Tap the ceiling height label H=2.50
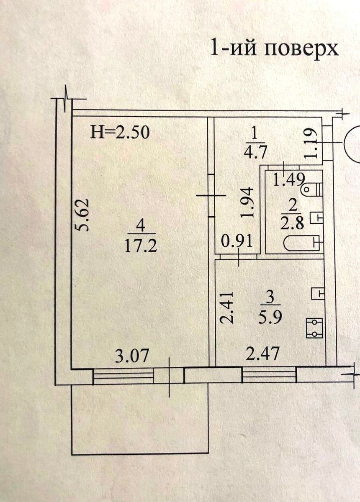pyautogui.click(x=119, y=133)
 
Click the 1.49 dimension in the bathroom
pyautogui.click(x=289, y=179)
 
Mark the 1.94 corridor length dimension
pyautogui.click(x=248, y=202)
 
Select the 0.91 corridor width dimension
pyautogui.click(x=237, y=241)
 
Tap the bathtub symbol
pyautogui.click(x=303, y=243)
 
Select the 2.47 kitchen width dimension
pyautogui.click(x=262, y=353)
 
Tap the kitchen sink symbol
pyautogui.click(x=318, y=293)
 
